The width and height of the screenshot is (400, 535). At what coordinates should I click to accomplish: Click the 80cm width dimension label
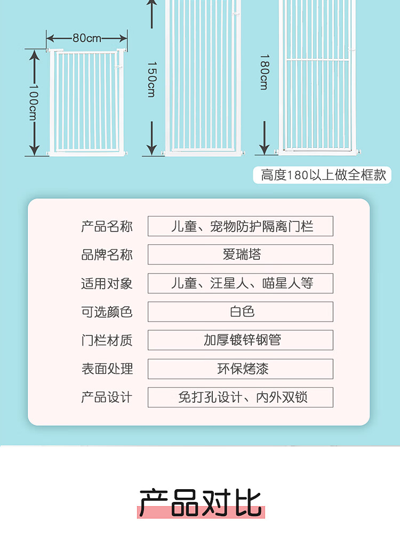[x=87, y=38]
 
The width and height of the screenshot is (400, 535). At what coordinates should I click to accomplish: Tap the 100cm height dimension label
[x=34, y=102]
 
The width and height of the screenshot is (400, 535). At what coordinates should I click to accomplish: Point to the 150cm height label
[x=151, y=79]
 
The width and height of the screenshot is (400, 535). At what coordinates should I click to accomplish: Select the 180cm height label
[x=265, y=72]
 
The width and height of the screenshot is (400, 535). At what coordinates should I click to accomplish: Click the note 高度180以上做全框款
[x=323, y=175]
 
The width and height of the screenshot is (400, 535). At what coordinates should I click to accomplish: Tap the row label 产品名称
[x=107, y=226]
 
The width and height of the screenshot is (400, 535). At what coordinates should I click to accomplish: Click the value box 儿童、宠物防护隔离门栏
[x=241, y=226]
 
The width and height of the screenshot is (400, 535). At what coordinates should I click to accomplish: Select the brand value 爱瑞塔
[x=242, y=254]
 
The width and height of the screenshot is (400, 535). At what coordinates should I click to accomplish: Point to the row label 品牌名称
[x=107, y=254]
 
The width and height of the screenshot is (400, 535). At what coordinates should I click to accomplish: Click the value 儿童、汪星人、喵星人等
[x=242, y=283]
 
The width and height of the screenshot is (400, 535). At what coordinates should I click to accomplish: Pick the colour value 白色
[x=242, y=312]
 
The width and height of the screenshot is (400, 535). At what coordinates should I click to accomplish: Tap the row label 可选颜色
[x=107, y=312]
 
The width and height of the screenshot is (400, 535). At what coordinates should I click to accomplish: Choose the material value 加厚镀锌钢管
[x=242, y=340]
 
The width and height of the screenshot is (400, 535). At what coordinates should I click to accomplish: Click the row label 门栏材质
[x=107, y=340]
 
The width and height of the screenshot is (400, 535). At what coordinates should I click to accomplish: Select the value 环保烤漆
[x=243, y=369]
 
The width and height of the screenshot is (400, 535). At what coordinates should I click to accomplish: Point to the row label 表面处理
[x=107, y=369]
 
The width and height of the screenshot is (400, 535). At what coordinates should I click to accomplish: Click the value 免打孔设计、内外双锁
[x=242, y=397]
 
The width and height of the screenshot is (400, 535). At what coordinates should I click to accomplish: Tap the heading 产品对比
[x=201, y=502]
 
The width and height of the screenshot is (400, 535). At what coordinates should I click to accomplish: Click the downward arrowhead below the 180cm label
[x=265, y=149]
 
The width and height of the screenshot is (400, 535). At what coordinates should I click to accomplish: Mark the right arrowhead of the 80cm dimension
[x=123, y=38]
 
